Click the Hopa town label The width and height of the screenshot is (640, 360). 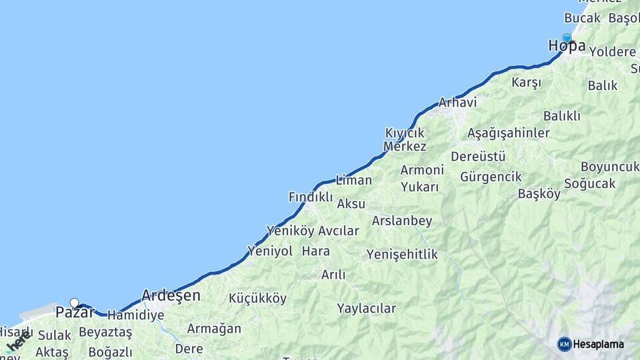(567, 46)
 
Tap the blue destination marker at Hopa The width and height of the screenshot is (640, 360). (567, 38)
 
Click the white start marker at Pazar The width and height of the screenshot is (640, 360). (74, 303)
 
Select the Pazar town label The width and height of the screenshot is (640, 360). (75, 312)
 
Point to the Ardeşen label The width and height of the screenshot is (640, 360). (171, 295)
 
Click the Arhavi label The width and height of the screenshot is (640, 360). (457, 103)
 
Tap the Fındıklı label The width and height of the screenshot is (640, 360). (310, 197)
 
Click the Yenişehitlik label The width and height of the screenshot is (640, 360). (402, 254)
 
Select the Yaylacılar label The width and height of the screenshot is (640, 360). (366, 309)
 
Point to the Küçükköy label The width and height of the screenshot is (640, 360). (257, 299)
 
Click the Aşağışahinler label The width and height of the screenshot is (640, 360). (508, 133)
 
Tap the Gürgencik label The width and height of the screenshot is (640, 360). (490, 177)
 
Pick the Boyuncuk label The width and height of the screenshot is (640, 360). (609, 167)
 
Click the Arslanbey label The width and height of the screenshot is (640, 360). (402, 221)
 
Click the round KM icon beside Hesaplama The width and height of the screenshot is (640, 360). (564, 344)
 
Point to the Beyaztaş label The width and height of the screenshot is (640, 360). (105, 332)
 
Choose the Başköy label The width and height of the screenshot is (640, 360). (539, 194)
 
